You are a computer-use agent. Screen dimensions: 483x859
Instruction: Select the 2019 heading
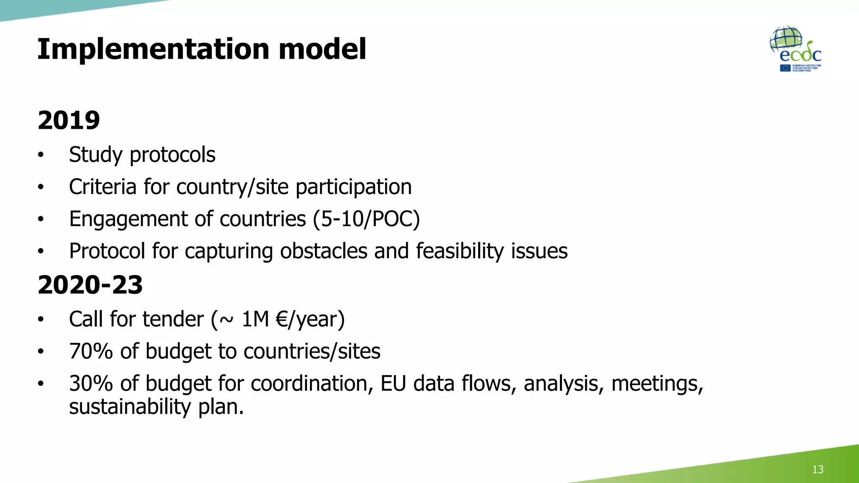(x=69, y=120)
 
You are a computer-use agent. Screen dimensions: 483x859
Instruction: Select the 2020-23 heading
(x=90, y=285)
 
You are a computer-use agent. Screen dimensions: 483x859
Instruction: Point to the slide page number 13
(x=817, y=469)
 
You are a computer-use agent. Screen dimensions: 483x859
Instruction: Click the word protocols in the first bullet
(x=172, y=155)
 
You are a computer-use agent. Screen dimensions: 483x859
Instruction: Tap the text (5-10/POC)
(x=366, y=219)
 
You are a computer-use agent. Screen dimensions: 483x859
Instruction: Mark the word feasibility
(x=460, y=251)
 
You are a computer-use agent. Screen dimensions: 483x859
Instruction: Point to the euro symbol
(x=282, y=319)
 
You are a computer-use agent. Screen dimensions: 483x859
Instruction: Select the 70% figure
(x=91, y=351)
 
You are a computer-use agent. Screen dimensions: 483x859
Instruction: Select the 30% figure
(x=91, y=383)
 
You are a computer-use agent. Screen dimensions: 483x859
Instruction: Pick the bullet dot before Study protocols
(x=41, y=155)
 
